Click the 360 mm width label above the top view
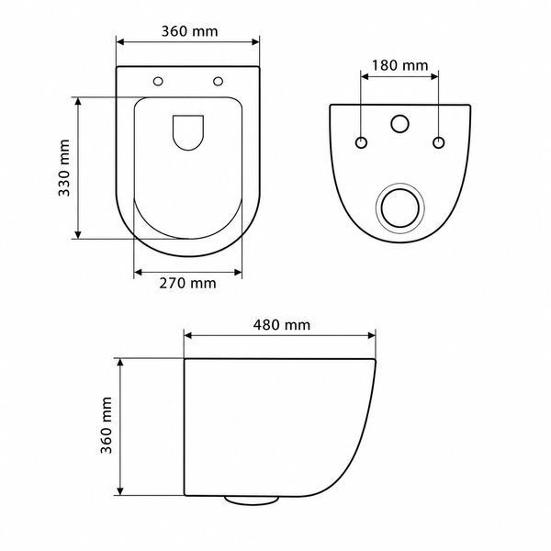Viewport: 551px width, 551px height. click(189, 31)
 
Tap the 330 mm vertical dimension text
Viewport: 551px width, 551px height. click(64, 168)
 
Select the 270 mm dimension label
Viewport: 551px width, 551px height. click(187, 283)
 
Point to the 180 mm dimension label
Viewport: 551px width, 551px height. click(399, 65)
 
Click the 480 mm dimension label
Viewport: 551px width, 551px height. click(282, 325)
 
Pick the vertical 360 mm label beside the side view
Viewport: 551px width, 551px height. click(107, 425)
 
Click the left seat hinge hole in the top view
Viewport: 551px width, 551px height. click(158, 82)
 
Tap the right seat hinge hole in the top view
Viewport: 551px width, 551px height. click(219, 82)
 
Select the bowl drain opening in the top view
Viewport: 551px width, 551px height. click(188, 132)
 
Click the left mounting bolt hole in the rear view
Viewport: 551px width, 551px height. click(361, 142)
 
